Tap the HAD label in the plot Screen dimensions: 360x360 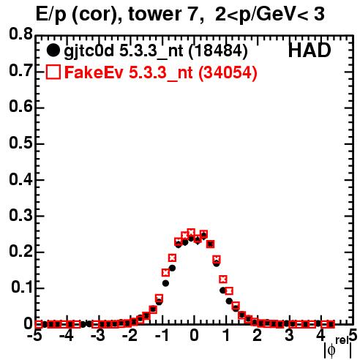point(310,50)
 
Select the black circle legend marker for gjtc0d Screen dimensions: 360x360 point(53,50)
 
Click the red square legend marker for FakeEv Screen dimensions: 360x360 point(53,72)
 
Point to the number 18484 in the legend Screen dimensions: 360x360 point(218,50)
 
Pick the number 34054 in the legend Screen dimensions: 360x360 point(228,72)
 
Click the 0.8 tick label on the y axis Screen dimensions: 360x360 point(20,34)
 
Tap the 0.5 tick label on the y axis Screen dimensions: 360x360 point(20,143)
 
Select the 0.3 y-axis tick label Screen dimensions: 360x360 point(20,215)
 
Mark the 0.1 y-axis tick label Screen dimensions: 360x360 point(21,288)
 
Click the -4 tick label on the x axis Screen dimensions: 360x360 point(66,335)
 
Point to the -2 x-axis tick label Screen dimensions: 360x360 point(130,335)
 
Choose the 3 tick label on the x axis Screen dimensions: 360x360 point(289,335)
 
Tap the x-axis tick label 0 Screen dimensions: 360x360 point(194,335)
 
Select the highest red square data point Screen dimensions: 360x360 point(191,232)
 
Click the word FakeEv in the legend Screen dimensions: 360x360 point(94,72)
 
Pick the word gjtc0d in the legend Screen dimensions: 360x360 point(89,51)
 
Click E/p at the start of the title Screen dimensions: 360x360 point(50,15)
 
